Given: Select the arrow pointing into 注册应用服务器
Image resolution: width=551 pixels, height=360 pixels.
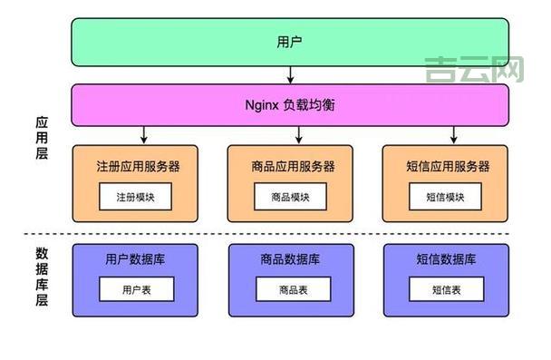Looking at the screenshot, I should coord(144,135).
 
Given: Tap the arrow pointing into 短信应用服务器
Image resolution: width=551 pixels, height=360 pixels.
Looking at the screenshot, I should coord(454,135).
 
